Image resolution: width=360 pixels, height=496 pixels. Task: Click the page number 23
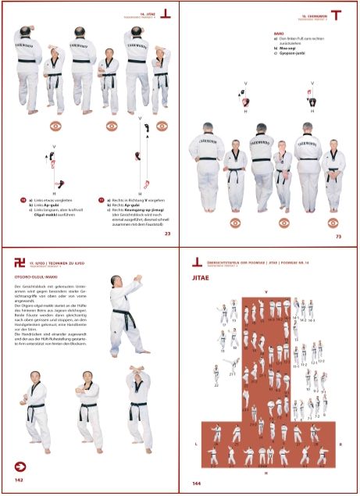pyautogui.click(x=168, y=233)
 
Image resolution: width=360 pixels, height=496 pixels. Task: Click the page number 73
pyautogui.click(x=338, y=236)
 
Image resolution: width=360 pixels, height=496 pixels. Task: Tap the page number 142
pyautogui.click(x=19, y=484)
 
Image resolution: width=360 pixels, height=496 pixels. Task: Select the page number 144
pyautogui.click(x=196, y=484)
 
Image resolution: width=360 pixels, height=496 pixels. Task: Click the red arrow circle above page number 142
pyautogui.click(x=20, y=468)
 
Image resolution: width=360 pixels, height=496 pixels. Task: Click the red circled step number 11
pyautogui.click(x=101, y=199)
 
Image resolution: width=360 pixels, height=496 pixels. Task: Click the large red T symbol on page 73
pyautogui.click(x=337, y=15)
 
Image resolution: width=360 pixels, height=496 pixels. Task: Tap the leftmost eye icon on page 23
pyautogui.click(x=55, y=124)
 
